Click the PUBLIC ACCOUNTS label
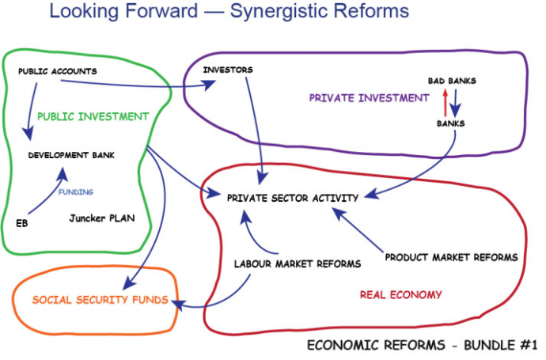pyautogui.click(x=57, y=71)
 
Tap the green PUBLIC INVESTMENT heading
pyautogui.click(x=93, y=116)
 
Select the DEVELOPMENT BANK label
pyautogui.click(x=72, y=155)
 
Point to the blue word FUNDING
pyautogui.click(x=75, y=191)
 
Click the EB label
pyautogui.click(x=21, y=222)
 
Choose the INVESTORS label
pyautogui.click(x=228, y=70)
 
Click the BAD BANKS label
pyautogui.click(x=452, y=81)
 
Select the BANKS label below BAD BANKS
pyautogui.click(x=451, y=123)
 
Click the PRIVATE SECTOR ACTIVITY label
pyautogui.click(x=293, y=197)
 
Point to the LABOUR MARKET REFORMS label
pyautogui.click(x=298, y=263)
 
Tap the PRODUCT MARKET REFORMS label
pyautogui.click(x=451, y=257)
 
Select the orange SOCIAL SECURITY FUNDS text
pyautogui.click(x=100, y=300)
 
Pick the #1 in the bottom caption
pyautogui.click(x=529, y=345)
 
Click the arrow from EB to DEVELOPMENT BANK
pyautogui.click(x=44, y=194)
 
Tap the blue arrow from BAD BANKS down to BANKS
pyautogui.click(x=457, y=102)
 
